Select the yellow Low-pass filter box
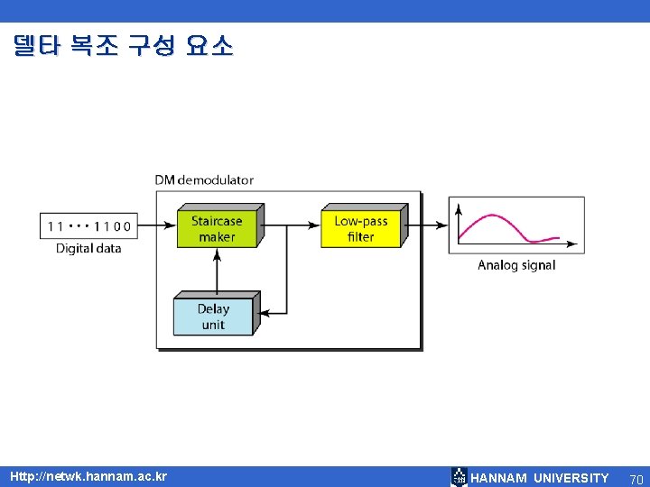point(360,228)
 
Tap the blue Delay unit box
point(213,316)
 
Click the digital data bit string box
point(88,225)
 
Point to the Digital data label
point(88,248)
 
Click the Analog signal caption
point(516,265)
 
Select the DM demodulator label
point(204,179)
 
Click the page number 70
point(636,478)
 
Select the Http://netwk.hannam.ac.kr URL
point(88,476)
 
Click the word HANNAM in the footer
point(499,478)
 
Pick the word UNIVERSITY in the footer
point(571,478)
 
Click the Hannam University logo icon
point(460,477)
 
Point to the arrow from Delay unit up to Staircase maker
point(216,271)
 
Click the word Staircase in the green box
point(217,221)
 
